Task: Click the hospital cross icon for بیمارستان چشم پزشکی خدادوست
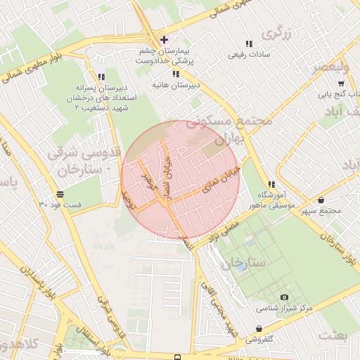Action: pos(163,39)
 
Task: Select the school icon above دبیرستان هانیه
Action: pos(175,74)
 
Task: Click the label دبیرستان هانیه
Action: pos(176,85)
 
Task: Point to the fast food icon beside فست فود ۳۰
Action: pos(60,193)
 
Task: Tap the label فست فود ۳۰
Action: pos(59,205)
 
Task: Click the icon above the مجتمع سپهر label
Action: pos(321,200)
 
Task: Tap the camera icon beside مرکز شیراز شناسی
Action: pos(283,298)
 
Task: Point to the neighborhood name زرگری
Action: pos(276,33)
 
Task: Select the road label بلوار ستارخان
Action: pos(336,247)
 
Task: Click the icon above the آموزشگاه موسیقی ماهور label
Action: pos(271,184)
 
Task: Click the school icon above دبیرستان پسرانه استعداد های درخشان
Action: pos(101,77)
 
